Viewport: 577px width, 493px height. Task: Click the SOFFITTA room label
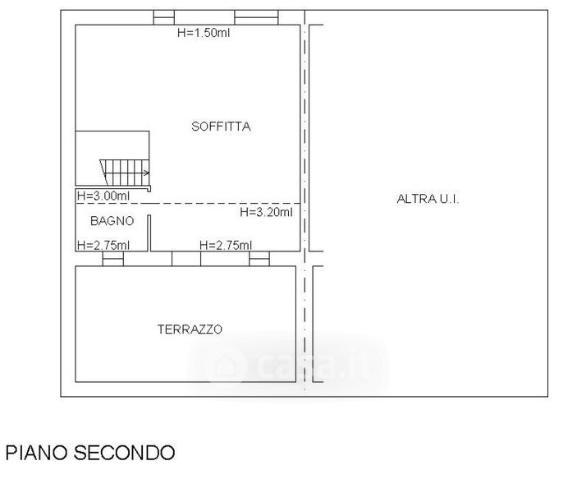[x=221, y=127]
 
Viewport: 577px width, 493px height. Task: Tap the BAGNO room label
[x=112, y=221]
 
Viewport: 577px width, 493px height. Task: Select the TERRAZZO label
[x=190, y=329]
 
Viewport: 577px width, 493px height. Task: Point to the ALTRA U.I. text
[x=428, y=199]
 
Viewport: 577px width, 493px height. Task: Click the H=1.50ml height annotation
[x=204, y=32]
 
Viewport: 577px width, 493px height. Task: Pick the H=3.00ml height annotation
[x=103, y=196]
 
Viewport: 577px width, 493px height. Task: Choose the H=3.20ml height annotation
[x=267, y=212]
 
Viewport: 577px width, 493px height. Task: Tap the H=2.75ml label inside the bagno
[x=103, y=245]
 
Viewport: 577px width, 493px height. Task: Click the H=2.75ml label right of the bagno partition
[x=226, y=245]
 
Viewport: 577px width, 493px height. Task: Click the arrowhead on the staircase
[x=147, y=173]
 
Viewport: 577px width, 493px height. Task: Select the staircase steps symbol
[x=125, y=173]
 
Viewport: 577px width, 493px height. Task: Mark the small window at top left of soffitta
[x=164, y=18]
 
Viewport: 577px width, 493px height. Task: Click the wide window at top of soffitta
[x=256, y=18]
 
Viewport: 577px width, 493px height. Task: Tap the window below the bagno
[x=113, y=259]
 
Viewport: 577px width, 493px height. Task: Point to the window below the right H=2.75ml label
[x=259, y=259]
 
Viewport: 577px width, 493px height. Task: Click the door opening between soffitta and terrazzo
[x=186, y=259]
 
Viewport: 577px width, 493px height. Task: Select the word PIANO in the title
[x=37, y=453]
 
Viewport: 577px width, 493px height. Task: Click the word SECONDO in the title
[x=125, y=453]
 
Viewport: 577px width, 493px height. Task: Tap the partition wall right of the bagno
[x=149, y=233]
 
